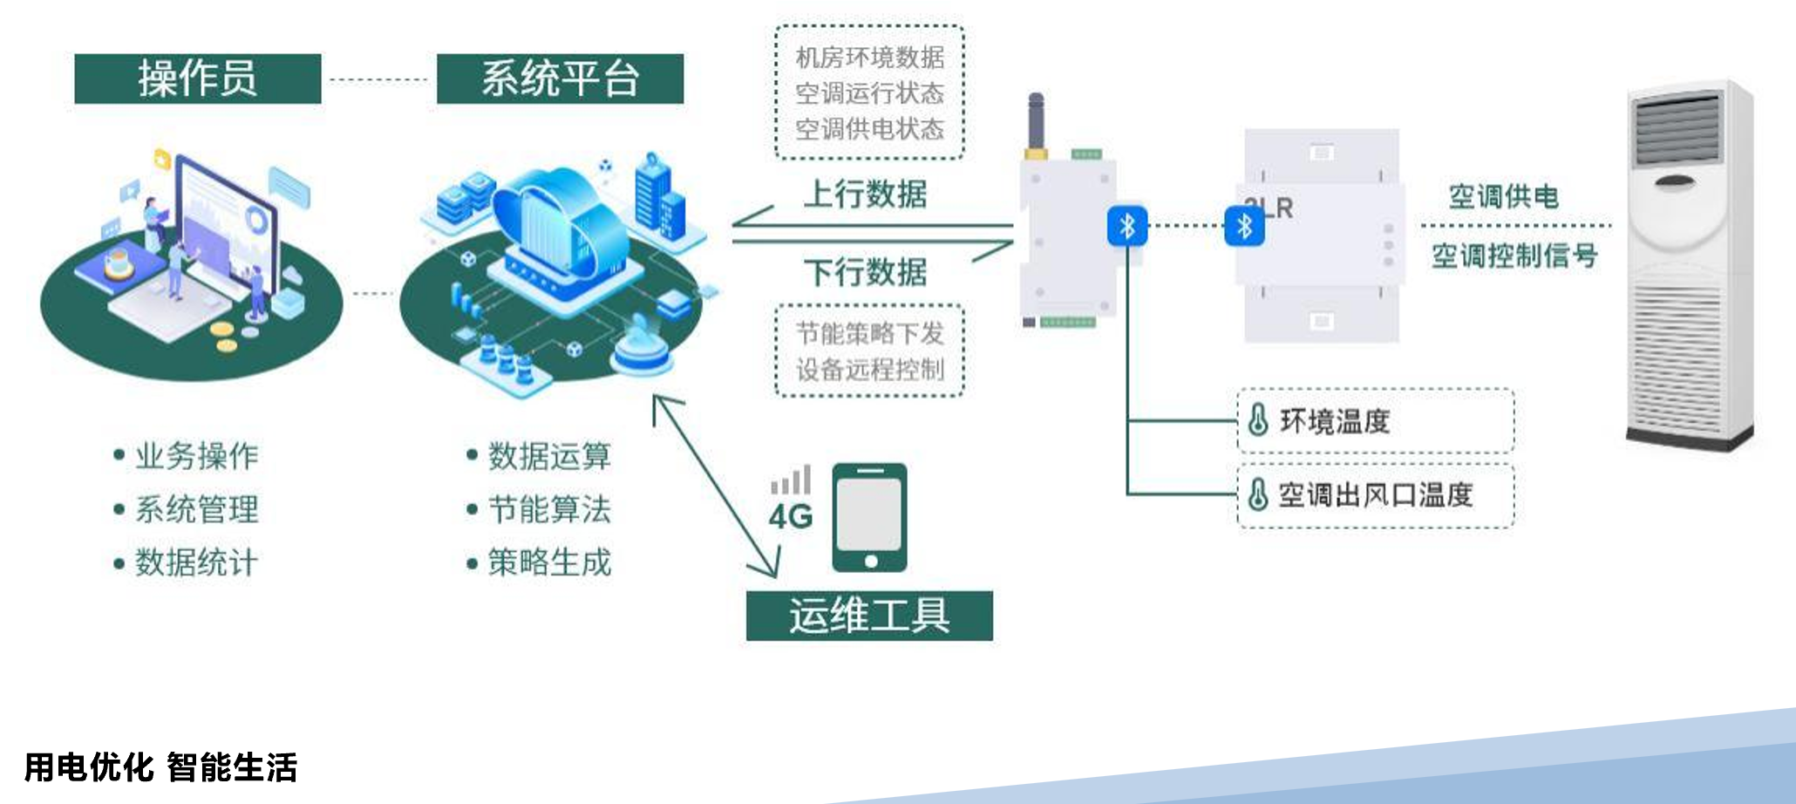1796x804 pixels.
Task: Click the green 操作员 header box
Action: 197,78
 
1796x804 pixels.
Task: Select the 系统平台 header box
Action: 560,78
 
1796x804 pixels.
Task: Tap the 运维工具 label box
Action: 869,616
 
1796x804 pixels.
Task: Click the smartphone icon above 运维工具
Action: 869,517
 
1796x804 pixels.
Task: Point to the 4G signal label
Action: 791,516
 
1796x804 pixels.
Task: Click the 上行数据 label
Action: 865,194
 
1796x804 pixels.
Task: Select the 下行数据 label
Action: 865,272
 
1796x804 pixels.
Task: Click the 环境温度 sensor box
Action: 1375,420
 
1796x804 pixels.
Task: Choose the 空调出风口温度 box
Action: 1375,495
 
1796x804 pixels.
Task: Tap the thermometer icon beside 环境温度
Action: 1257,420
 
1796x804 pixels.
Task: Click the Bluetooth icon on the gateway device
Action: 1126,227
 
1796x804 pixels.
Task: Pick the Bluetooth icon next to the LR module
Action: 1244,227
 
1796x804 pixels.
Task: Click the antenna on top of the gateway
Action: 1036,122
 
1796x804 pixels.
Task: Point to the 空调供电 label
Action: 1503,196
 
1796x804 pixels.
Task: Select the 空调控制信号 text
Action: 1514,256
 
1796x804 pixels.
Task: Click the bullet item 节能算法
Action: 549,509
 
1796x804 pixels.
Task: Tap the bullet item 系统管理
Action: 196,509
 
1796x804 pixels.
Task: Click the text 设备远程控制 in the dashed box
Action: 869,370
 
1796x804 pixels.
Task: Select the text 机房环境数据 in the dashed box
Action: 869,58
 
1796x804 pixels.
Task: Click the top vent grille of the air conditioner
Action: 1677,131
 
